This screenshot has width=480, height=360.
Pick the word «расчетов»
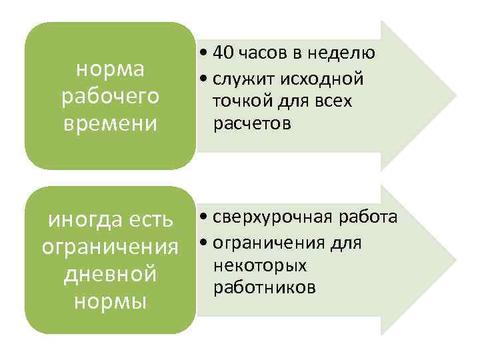252,124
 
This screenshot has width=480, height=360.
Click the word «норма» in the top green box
110,69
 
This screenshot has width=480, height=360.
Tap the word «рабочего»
110,96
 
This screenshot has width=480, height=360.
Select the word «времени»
110,123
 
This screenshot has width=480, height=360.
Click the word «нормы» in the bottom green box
110,301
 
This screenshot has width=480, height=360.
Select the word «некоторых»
261,265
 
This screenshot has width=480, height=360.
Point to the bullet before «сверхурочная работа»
201,218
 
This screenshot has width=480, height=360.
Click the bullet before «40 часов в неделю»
201,53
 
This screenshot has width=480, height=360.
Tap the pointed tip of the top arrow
455,96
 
